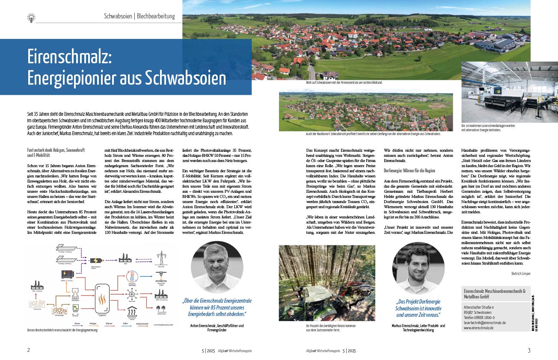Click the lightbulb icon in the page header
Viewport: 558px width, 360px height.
[x=31, y=18]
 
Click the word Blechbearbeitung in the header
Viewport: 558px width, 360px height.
[x=156, y=17]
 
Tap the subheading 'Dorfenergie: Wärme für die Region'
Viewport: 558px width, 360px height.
[x=410, y=170]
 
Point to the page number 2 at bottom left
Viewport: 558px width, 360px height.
[x=28, y=350]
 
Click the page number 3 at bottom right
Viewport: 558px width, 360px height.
[x=529, y=350]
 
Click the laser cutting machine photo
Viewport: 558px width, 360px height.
[x=496, y=92]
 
